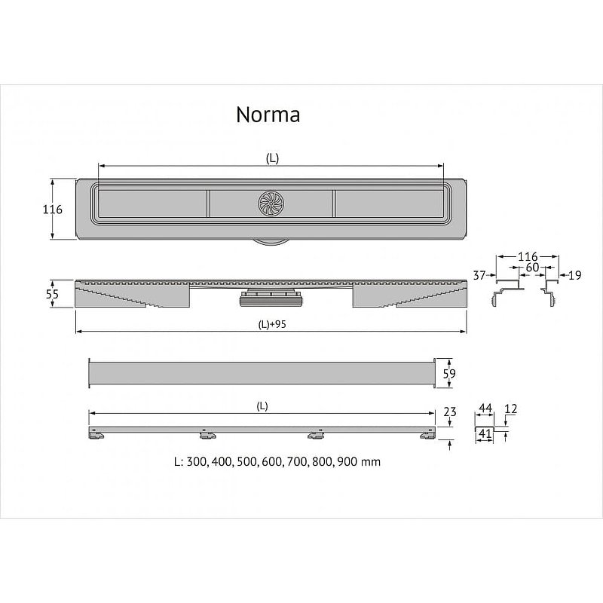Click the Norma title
point(268,115)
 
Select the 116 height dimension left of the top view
point(52,210)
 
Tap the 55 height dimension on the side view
point(52,295)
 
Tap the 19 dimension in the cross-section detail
point(574,276)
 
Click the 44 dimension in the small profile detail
point(485,408)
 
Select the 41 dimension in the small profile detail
point(485,434)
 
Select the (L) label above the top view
point(272,158)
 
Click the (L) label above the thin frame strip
point(262,406)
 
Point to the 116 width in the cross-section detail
point(527,257)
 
